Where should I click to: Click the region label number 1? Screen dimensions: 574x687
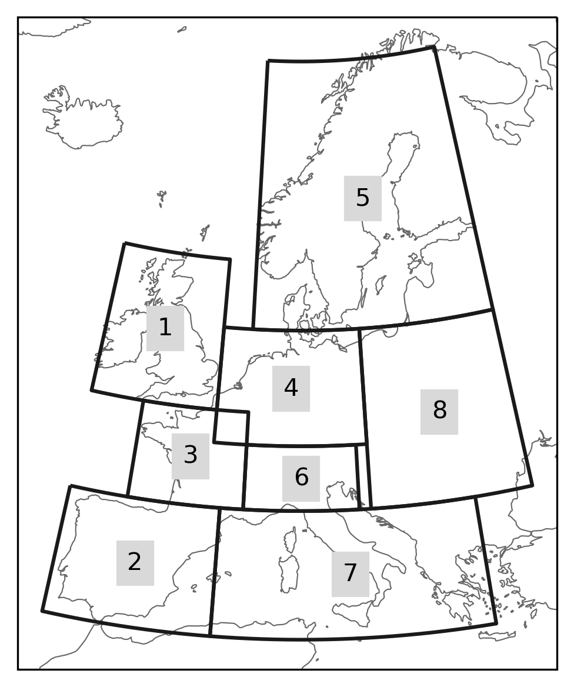tap(165, 328)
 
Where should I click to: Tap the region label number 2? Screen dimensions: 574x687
tap(135, 562)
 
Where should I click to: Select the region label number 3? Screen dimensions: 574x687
tap(190, 456)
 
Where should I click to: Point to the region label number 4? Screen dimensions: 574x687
tap(291, 388)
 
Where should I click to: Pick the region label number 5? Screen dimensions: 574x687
tap(363, 198)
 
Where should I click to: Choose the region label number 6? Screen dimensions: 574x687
tap(301, 478)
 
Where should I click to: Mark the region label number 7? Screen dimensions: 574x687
tap(350, 573)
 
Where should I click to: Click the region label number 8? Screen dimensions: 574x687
tap(439, 411)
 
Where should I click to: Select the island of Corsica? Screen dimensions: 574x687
tap(291, 540)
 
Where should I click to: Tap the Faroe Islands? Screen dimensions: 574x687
tap(162, 198)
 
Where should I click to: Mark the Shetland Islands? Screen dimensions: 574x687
tap(205, 232)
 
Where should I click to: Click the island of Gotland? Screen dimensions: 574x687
tap(381, 285)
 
